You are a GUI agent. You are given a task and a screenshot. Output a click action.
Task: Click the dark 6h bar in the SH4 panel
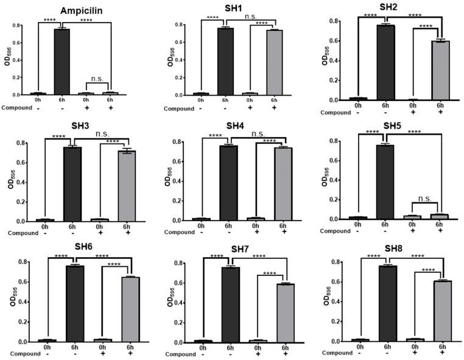click(x=228, y=182)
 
